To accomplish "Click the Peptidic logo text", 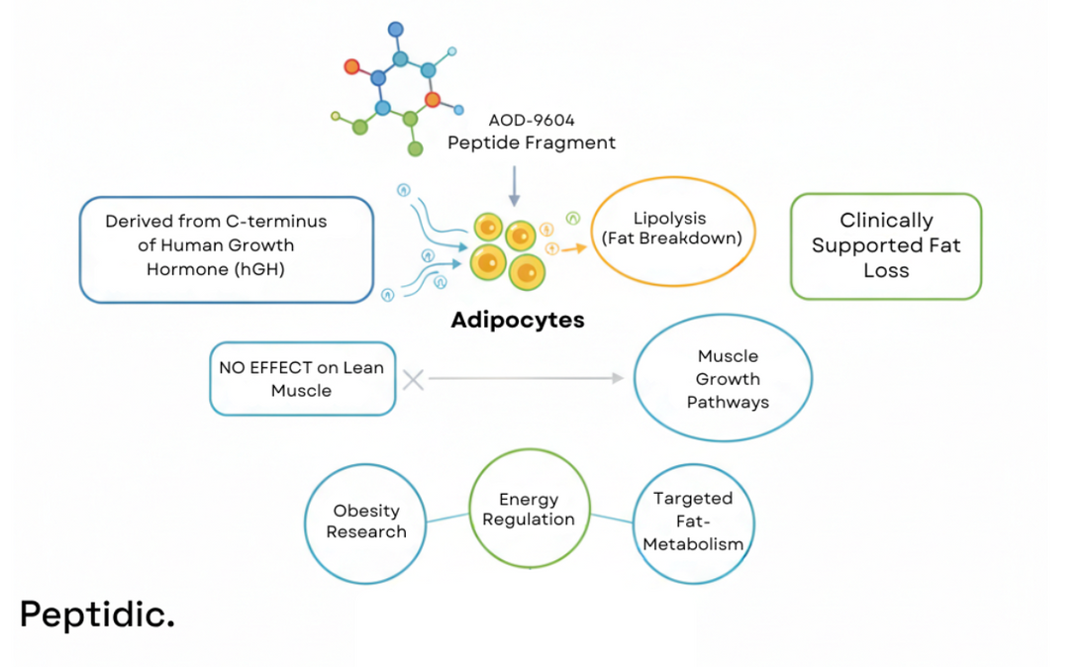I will [x=97, y=614].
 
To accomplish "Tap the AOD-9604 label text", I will [x=531, y=120].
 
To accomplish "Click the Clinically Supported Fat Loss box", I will [x=885, y=245].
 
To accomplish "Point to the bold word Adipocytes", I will [x=517, y=320].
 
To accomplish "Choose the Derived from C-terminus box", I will [x=227, y=248].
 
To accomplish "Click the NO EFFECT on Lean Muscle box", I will [x=302, y=378].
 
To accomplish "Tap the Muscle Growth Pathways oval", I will [x=723, y=378].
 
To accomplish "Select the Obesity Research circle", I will [x=365, y=522].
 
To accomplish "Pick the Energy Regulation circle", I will [x=529, y=509].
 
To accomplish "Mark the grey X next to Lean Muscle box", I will [x=413, y=378].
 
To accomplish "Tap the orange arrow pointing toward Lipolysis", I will [x=573, y=248].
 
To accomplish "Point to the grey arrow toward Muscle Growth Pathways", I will [x=525, y=378].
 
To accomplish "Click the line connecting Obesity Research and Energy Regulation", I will [x=447, y=517].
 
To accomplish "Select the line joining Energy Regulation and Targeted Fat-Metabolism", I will [x=611, y=518].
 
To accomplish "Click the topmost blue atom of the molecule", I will [x=396, y=30].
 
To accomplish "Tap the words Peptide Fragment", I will [x=531, y=143].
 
